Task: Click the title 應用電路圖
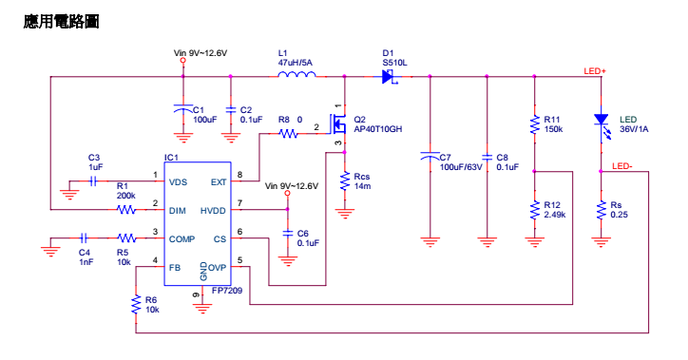pyautogui.click(x=61, y=21)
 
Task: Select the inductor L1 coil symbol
pyautogui.click(x=296, y=77)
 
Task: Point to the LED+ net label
pyautogui.click(x=595, y=71)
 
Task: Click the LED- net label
pyautogui.click(x=623, y=166)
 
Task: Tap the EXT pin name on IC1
pyautogui.click(x=218, y=181)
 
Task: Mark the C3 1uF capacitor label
pyautogui.click(x=95, y=161)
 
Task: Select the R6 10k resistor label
pyautogui.click(x=151, y=305)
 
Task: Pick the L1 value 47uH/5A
pyautogui.click(x=295, y=62)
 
